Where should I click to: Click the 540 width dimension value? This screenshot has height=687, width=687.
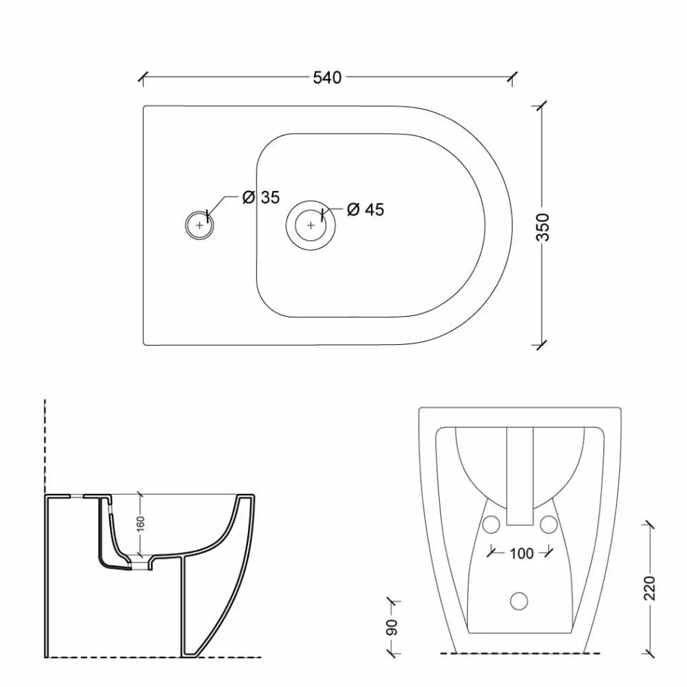pyautogui.click(x=327, y=77)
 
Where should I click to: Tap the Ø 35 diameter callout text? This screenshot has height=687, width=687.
pyautogui.click(x=261, y=197)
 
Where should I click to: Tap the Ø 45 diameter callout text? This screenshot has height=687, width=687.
pyautogui.click(x=365, y=210)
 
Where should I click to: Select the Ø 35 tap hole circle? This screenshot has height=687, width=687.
pyautogui.click(x=200, y=226)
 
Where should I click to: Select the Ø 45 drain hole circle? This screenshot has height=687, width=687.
pyautogui.click(x=311, y=225)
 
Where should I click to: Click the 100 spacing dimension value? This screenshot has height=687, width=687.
pyautogui.click(x=521, y=553)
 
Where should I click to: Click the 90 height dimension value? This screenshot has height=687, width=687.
pyautogui.click(x=393, y=628)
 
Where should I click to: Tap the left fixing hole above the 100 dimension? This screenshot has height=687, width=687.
pyautogui.click(x=492, y=524)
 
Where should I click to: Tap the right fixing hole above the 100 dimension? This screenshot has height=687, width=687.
pyautogui.click(x=548, y=524)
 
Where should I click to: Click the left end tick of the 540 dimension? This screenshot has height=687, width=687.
pyautogui.click(x=142, y=77)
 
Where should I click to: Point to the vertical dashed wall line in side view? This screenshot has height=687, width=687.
pyautogui.click(x=45, y=448)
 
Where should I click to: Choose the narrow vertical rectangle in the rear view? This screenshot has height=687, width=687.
pyautogui.click(x=519, y=475)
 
